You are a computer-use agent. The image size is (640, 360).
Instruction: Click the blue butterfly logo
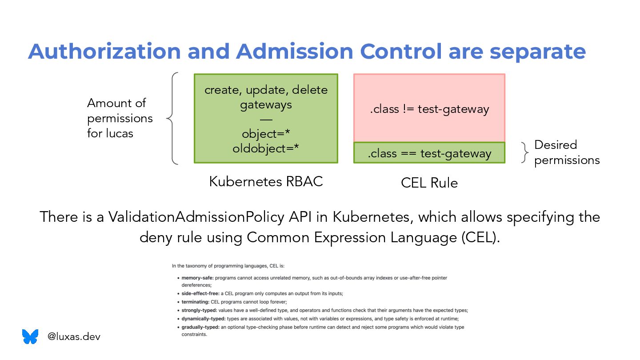tap(30, 336)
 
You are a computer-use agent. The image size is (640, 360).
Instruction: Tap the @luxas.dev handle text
tap(74, 337)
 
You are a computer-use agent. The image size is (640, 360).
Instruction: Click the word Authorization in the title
tap(104, 52)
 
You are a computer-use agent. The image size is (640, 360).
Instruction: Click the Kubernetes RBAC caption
tap(266, 182)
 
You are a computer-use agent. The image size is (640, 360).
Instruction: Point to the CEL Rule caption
tap(429, 183)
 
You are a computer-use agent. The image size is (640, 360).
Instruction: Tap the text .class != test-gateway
tap(429, 109)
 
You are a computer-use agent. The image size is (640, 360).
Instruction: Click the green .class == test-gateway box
tap(429, 153)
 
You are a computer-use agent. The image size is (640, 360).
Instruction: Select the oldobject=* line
tap(266, 148)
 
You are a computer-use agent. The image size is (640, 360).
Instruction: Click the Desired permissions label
tap(567, 152)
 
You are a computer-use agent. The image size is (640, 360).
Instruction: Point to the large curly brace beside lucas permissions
tap(172, 119)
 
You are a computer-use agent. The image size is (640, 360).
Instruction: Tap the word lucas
tap(119, 133)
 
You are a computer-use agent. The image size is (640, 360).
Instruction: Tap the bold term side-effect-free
tap(200, 293)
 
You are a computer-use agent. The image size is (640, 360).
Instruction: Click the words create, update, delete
tap(266, 90)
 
